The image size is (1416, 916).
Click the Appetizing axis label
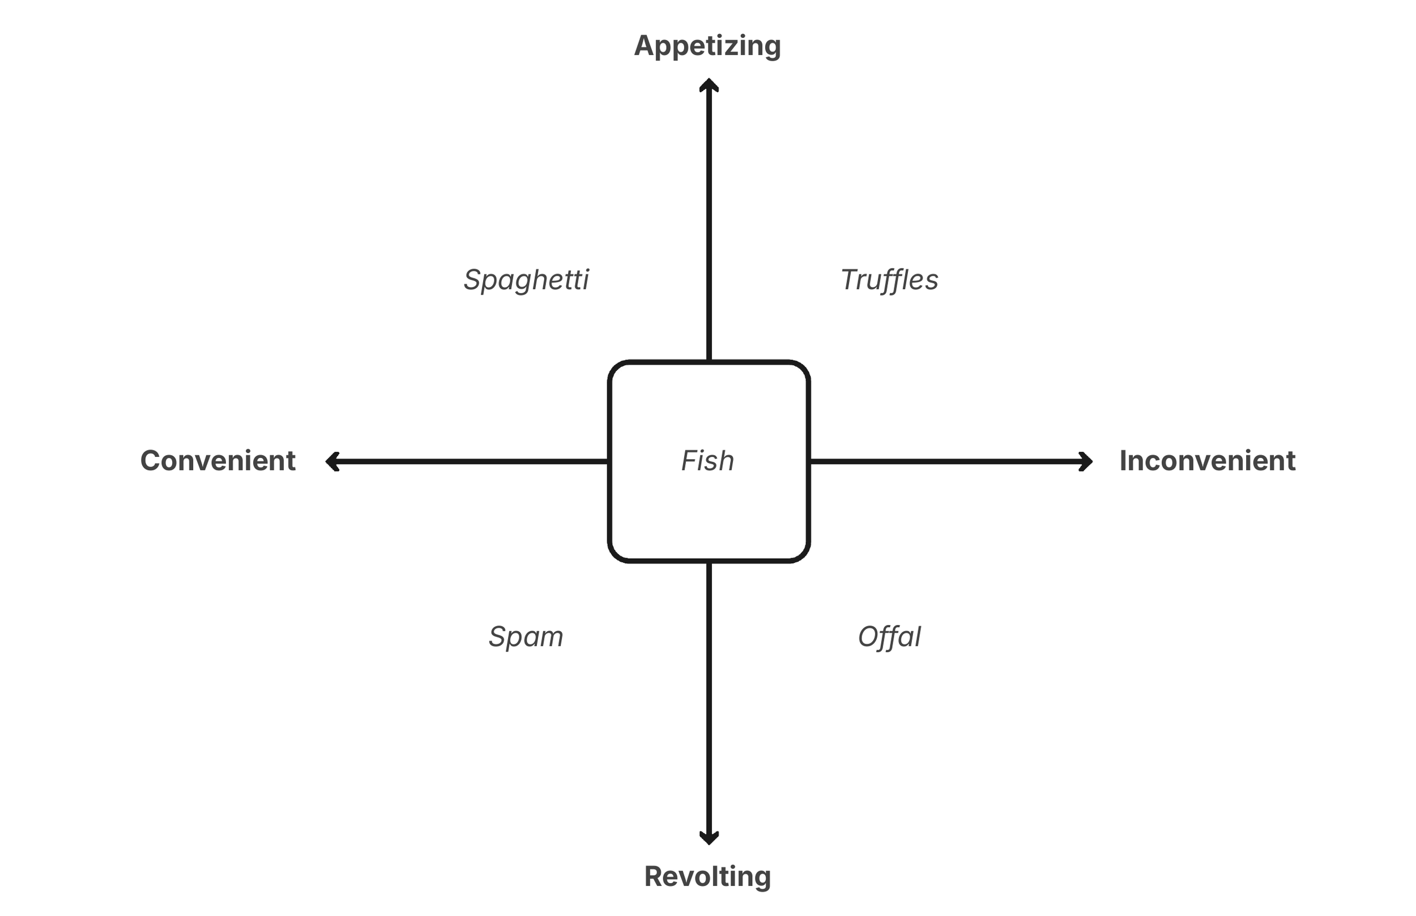tap(707, 46)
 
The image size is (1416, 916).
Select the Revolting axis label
tap(707, 876)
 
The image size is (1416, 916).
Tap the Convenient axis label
tap(217, 461)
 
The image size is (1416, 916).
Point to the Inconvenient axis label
tap(1207, 461)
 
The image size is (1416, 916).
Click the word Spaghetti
tap(526, 280)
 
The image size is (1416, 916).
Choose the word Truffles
tap(889, 280)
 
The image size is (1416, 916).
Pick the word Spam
tap(526, 636)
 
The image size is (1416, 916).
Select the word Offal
tap(889, 636)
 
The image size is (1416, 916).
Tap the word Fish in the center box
tap(707, 461)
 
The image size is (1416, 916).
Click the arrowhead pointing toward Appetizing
tap(709, 84)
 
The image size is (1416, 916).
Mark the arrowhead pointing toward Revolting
tap(709, 837)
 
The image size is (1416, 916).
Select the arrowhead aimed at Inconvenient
tap(1086, 461)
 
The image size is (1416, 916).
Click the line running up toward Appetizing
tap(709, 226)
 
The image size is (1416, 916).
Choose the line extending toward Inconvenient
tap(946, 461)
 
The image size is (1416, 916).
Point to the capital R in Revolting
tap(654, 876)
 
